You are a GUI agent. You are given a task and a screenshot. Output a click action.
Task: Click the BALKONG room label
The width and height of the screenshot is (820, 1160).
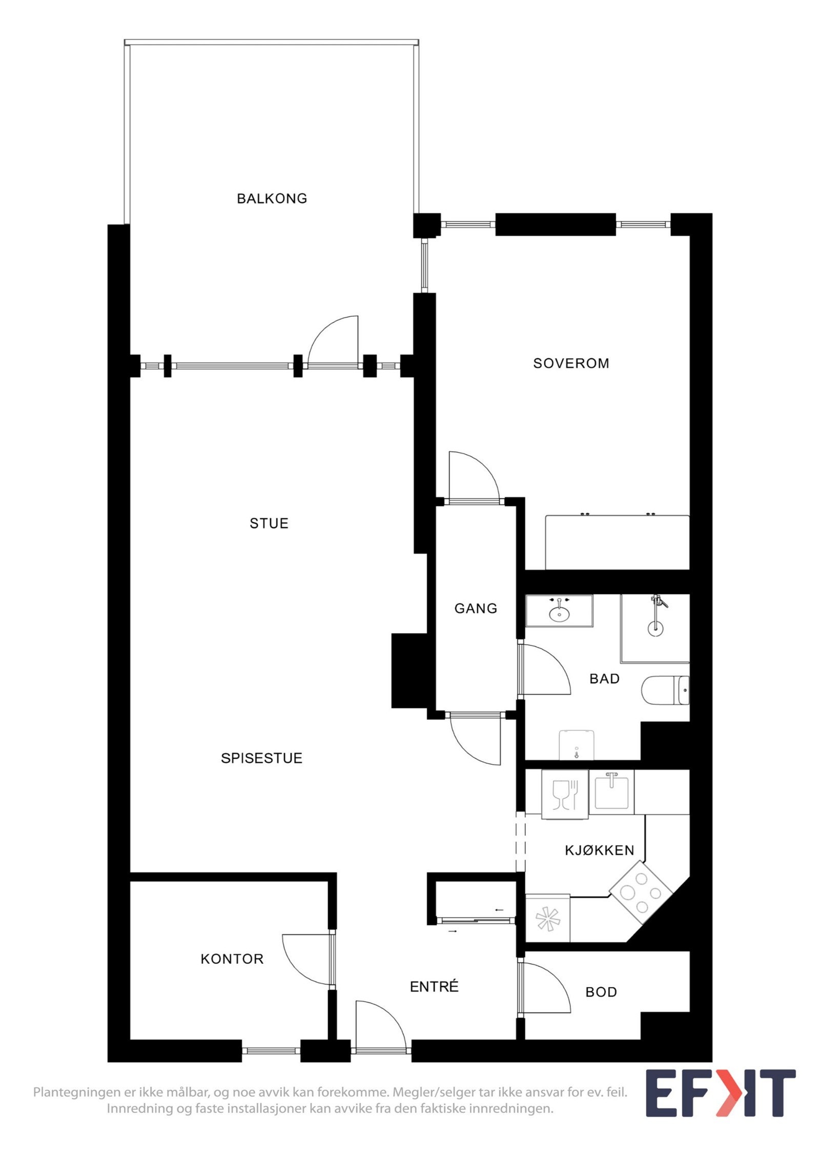(272, 198)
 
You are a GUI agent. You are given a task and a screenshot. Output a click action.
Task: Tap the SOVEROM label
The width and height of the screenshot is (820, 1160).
(571, 363)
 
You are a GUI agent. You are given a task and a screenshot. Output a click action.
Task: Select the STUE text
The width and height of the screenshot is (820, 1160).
(269, 523)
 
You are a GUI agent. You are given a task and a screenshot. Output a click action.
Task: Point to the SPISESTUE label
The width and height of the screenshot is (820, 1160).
(261, 758)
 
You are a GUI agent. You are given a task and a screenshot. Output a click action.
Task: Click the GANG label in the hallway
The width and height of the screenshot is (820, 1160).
(476, 608)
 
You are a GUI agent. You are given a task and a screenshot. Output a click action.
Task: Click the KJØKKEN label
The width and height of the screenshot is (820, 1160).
(600, 850)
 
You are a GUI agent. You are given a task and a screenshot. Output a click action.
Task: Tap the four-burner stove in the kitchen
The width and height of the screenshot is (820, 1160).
(641, 892)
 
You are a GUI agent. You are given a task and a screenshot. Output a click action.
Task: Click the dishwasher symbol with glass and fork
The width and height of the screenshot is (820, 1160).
(565, 795)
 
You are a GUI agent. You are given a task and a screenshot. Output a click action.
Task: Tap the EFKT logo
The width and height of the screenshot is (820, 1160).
(720, 1093)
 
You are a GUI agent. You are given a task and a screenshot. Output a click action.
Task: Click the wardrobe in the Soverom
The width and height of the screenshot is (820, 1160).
(617, 542)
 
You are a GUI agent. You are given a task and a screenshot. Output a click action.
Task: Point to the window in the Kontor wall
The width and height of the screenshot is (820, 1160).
(271, 1050)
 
